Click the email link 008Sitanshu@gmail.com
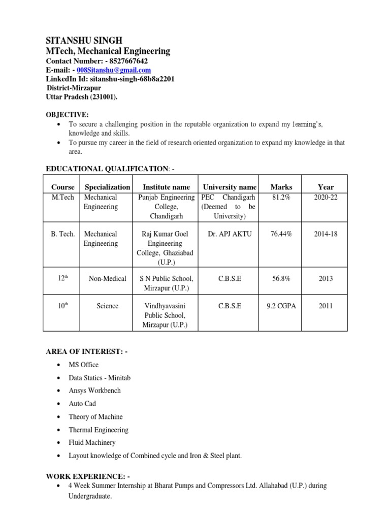pos(113,70)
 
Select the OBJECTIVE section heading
pos(68,115)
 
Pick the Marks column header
pos(281,187)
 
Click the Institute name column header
pos(166,187)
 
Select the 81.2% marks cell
pos(281,197)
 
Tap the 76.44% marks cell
pos(281,234)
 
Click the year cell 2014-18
pos(326,234)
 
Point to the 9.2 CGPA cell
pos(281,306)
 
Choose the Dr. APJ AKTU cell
pos(230,234)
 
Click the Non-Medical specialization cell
pos(107,278)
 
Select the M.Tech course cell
pos(62,197)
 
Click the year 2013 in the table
pos(326,278)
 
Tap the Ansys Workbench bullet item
pos(94,391)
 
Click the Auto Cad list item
pos(82,404)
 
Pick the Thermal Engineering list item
pos(99,430)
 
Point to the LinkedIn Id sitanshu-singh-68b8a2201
pos(110,79)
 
